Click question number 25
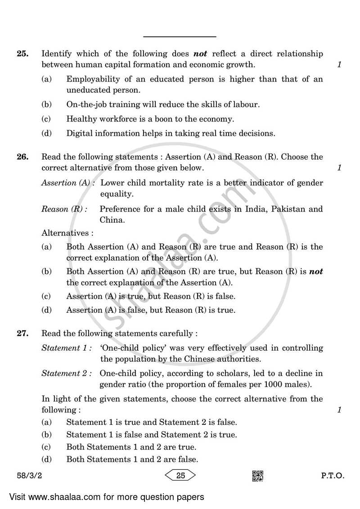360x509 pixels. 22,54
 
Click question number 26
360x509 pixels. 22,157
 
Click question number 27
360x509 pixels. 22,334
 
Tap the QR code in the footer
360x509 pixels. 257,476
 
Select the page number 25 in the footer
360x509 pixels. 181,476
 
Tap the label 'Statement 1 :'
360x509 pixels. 67,348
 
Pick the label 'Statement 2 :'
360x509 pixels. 67,374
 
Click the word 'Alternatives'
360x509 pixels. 65,233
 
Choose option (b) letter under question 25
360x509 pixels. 46,104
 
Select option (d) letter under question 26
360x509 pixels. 46,310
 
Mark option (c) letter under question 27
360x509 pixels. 46,447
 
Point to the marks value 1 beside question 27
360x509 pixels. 339,410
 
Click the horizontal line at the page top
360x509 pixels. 180,36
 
